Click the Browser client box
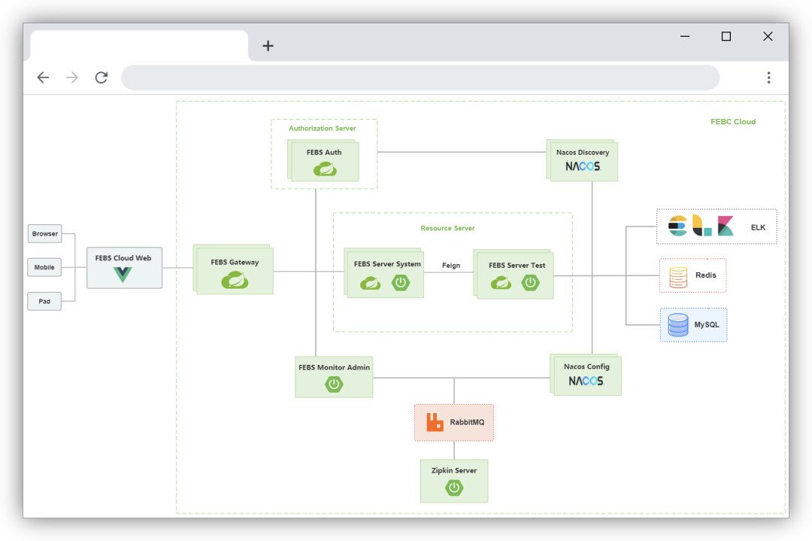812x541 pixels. pos(44,234)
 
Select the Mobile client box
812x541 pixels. pos(44,267)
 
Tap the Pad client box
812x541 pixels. pos(44,301)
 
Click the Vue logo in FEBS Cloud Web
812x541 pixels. pos(123,275)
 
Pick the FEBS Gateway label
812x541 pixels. pos(235,263)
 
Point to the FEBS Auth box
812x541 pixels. pos(324,161)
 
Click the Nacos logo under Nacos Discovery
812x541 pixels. pos(583,166)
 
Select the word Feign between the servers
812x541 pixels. pos(451,266)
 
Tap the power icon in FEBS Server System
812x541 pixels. pos(401,283)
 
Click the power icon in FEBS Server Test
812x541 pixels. pos(531,283)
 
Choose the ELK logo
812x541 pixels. pos(701,226)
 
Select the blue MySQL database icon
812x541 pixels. pos(677,325)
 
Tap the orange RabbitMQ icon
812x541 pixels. pos(435,422)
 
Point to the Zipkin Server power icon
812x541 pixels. pos(454,488)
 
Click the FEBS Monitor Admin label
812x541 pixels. pos(334,367)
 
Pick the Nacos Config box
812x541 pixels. pos(586,375)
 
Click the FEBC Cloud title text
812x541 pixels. pos(733,122)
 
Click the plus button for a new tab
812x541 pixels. pos(268,46)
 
